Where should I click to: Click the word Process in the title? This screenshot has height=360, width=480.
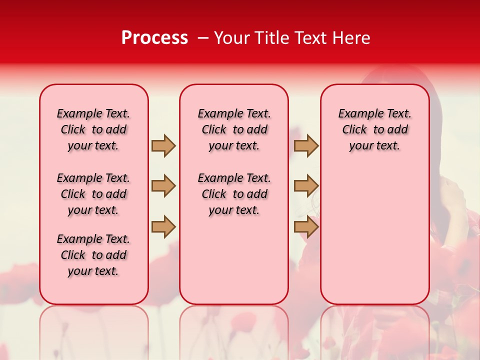[x=154, y=38]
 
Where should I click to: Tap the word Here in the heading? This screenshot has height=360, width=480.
[x=351, y=38]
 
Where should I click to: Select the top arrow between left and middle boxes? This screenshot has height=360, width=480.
[x=163, y=146]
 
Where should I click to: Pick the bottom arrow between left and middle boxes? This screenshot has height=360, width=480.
[x=163, y=226]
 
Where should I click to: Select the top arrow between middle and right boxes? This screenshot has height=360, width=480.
[x=306, y=146]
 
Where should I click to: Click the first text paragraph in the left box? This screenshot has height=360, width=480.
[x=93, y=129]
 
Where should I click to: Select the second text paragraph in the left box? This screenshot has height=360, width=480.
[x=93, y=194]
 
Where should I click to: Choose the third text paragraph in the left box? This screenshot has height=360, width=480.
[x=93, y=255]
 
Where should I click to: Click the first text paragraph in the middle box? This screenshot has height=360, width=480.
[x=234, y=129]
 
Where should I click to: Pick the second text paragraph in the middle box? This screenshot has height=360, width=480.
[x=234, y=194]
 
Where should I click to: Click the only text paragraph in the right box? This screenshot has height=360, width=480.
[x=374, y=129]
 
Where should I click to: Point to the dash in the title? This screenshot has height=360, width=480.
[x=203, y=38]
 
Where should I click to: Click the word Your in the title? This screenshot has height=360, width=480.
[x=232, y=38]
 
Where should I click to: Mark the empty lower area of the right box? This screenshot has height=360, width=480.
[x=374, y=240]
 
